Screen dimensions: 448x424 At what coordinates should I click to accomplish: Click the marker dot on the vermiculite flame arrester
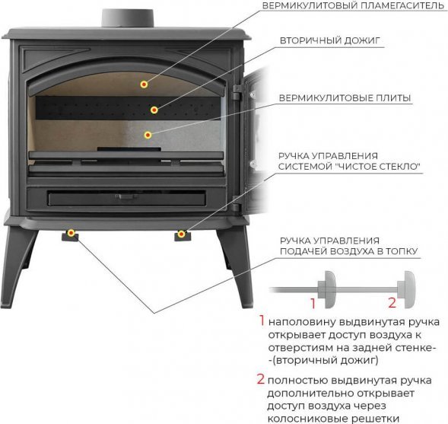[144, 84]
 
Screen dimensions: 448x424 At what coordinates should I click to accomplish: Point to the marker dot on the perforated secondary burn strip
[154, 110]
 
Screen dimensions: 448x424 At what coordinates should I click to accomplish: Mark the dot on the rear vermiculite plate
[148, 135]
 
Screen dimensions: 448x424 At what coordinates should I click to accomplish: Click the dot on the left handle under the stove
[71, 233]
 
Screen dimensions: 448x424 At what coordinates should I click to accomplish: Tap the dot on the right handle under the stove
[181, 234]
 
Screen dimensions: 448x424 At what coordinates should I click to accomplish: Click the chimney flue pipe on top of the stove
[128, 18]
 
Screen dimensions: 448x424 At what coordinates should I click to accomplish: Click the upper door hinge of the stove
[237, 92]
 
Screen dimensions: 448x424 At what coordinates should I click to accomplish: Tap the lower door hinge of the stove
[236, 203]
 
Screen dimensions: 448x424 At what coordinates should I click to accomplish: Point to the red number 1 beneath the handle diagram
[313, 304]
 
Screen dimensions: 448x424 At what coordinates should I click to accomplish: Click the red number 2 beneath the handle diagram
[392, 303]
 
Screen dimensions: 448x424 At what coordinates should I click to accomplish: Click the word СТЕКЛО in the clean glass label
[399, 167]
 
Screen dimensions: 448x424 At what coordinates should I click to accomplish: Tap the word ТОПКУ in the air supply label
[402, 251]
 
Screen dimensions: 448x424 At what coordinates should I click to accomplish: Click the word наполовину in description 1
[302, 323]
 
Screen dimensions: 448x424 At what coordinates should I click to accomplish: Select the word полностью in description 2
[297, 381]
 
